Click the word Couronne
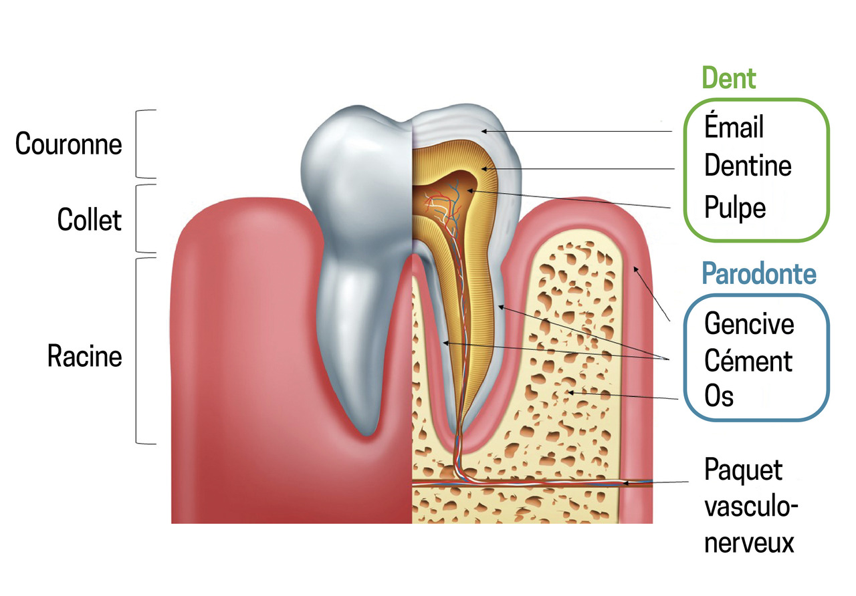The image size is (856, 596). (69, 144)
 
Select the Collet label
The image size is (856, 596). (90, 219)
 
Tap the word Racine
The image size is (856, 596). (85, 356)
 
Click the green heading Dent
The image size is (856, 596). (729, 79)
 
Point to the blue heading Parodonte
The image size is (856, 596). (759, 273)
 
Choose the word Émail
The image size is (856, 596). (734, 127)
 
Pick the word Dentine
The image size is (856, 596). (748, 165)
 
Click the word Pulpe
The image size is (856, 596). (735, 208)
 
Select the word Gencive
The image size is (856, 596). (750, 323)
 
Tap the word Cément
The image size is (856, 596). (748, 361)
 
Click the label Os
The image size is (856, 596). (719, 396)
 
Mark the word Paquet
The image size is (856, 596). (743, 470)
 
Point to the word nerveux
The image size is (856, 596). (750, 542)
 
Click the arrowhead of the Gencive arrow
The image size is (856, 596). (635, 268)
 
